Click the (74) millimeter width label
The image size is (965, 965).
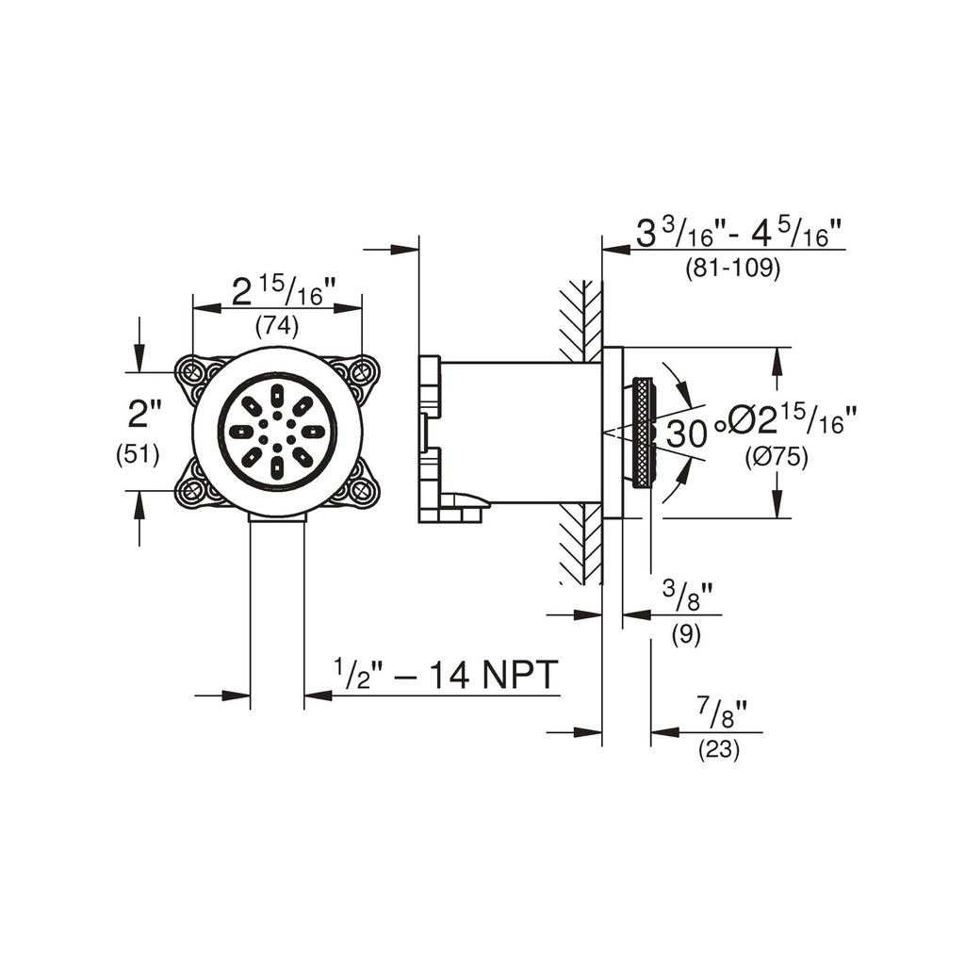(277, 325)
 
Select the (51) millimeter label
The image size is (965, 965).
(138, 455)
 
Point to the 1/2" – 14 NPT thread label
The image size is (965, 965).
(446, 675)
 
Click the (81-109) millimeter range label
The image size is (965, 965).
(733, 268)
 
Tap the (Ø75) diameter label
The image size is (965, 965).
(777, 457)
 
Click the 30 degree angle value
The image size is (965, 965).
(686, 433)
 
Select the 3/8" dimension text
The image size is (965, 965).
(687, 597)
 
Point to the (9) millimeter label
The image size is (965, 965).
(686, 634)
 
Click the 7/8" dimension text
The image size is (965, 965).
(722, 715)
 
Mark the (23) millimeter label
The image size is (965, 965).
(719, 750)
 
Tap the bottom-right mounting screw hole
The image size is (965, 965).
(361, 491)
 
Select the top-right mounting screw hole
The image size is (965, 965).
(361, 371)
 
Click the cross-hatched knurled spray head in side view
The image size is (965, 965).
(644, 433)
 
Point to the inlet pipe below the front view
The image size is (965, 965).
(277, 613)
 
